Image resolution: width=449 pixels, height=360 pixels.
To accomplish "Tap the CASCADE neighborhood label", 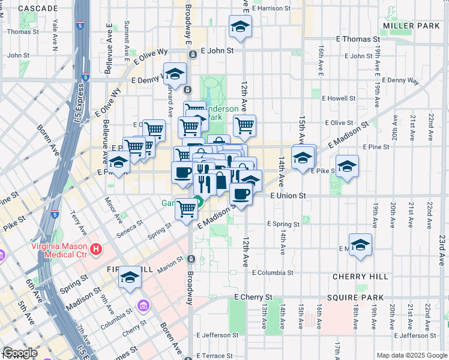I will tap(38, 8).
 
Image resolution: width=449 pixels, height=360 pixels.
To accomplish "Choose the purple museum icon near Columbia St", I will tap(143, 307).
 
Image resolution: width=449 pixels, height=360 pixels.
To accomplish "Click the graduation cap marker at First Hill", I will tap(129, 277).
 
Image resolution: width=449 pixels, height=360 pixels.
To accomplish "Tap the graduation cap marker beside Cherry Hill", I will tap(360, 244).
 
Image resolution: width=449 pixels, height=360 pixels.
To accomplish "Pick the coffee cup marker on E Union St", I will tap(241, 194).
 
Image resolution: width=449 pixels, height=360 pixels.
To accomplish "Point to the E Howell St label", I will tap(339, 98).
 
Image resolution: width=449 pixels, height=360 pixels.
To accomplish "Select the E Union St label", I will tap(288, 196).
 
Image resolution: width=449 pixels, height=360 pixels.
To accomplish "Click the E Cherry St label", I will tap(253, 297).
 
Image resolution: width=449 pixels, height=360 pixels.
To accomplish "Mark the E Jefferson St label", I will tap(218, 335).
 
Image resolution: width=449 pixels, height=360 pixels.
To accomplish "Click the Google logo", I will tap(20, 353).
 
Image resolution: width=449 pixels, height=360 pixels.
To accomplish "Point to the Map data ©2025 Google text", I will tap(411, 355).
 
